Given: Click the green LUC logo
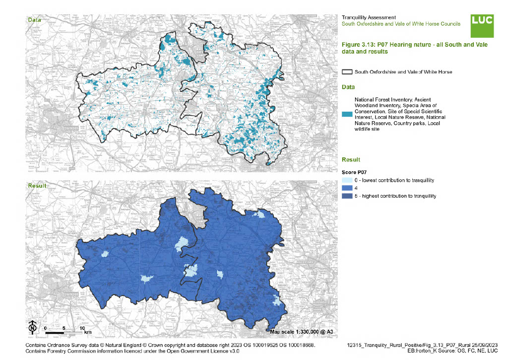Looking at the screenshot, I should pos(482,25).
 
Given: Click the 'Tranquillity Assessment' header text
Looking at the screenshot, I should pos(369,17).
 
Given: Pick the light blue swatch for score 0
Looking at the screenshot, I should pos(347,180).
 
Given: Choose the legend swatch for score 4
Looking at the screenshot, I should pos(347,188).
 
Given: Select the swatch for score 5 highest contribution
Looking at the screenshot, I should pos(347,196).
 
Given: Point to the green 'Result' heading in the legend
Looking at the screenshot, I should pos(350,160).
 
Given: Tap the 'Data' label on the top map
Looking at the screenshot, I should pos(34,20).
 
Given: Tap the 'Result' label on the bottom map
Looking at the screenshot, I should pos(37,186).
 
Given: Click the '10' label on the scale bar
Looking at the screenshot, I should pos(82,328).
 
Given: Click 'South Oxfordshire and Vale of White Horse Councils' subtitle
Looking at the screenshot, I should pos(401,24).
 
